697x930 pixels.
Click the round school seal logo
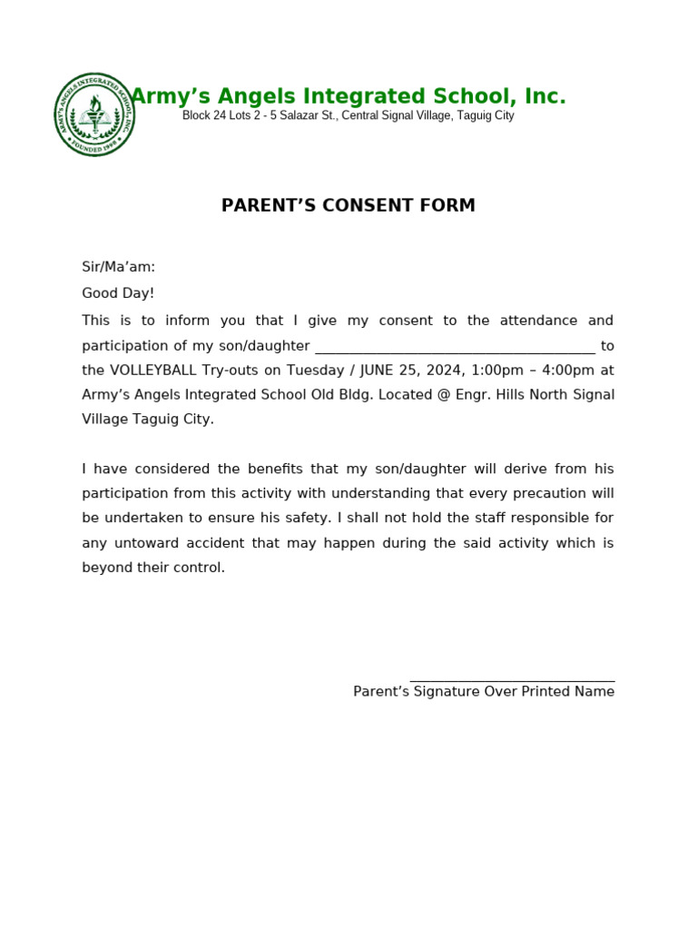click(x=95, y=114)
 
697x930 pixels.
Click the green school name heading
click(x=348, y=96)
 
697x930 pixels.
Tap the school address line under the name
click(x=348, y=116)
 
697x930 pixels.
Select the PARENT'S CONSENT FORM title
click(x=348, y=206)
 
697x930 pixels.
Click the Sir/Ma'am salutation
click(x=119, y=267)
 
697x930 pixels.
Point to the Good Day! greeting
click(x=118, y=293)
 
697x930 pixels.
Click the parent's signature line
click(x=512, y=679)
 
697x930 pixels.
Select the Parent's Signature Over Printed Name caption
click(x=484, y=692)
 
